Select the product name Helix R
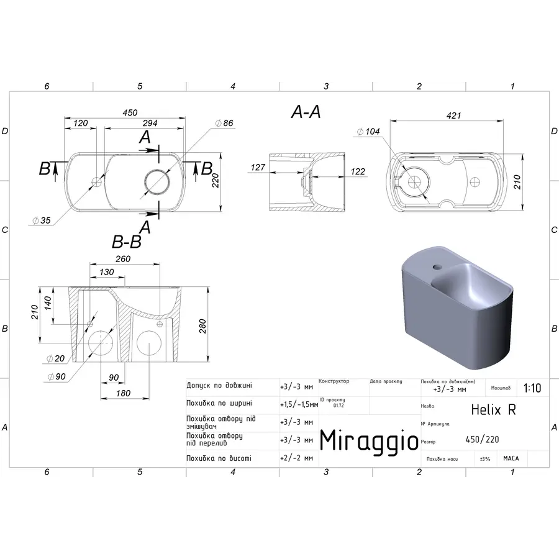click(493, 409)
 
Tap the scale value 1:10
click(532, 388)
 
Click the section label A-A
click(306, 112)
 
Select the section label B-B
click(127, 242)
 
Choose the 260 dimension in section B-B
click(123, 259)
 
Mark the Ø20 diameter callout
click(57, 358)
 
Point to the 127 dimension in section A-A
click(258, 168)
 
